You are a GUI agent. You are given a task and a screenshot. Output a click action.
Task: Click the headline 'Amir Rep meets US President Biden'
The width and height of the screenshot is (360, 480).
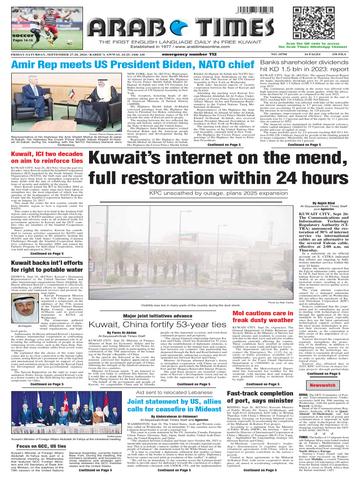(132, 65)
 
